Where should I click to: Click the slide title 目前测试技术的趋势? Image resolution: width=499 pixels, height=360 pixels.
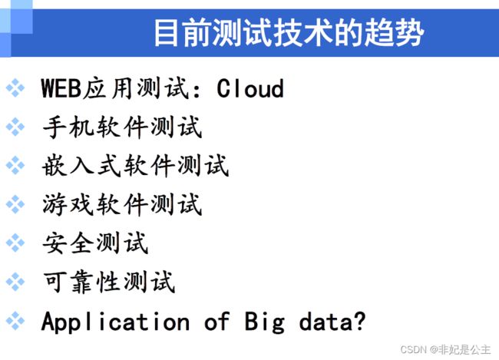tap(289, 32)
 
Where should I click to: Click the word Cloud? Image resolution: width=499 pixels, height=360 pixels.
tap(250, 88)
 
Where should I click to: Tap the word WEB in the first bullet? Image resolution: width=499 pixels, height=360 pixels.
tap(61, 88)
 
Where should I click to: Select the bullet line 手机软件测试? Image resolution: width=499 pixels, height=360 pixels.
tap(122, 127)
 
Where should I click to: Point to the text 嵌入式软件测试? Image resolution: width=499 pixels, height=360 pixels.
tap(136, 166)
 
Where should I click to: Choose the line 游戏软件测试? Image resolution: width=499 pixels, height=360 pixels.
tap(122, 204)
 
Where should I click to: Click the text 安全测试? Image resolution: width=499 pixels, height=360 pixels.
tap(95, 243)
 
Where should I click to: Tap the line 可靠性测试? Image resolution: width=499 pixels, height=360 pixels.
tap(109, 282)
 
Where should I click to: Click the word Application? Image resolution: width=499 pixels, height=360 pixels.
tap(115, 322)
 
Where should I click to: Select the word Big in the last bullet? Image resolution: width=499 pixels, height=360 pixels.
tap(264, 322)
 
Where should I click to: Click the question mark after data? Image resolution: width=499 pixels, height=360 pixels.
tap(360, 321)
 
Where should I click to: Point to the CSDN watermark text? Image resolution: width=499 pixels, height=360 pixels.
tap(445, 349)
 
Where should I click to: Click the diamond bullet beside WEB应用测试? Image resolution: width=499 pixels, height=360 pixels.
tap(15, 88)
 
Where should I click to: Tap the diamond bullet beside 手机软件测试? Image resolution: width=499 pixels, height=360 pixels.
tap(15, 127)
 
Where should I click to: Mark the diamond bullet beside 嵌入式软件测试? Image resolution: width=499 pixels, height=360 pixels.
tap(15, 165)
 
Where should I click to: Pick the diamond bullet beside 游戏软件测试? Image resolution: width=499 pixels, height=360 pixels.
tap(15, 204)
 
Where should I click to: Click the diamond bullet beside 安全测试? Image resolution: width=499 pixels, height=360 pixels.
tap(15, 243)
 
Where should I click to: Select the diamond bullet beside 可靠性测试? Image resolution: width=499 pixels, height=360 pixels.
tap(15, 282)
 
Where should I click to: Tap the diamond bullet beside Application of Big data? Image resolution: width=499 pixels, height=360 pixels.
tap(15, 321)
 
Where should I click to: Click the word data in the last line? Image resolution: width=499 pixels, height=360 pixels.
tap(326, 322)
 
